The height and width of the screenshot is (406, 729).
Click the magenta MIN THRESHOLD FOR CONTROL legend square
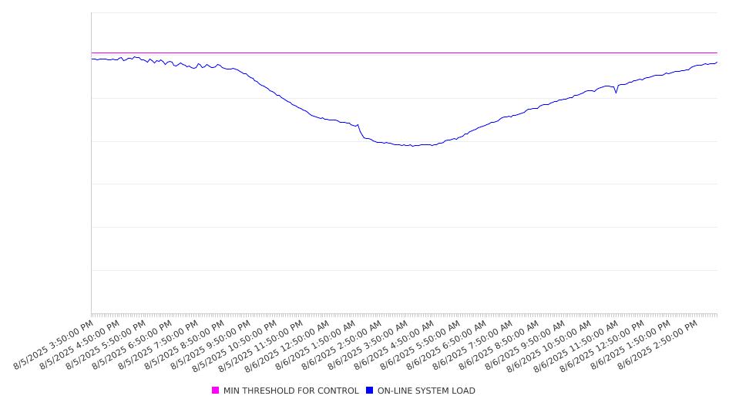(x=215, y=390)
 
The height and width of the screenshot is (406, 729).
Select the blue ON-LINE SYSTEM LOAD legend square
(x=370, y=390)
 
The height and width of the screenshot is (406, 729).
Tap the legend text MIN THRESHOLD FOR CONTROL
(x=291, y=391)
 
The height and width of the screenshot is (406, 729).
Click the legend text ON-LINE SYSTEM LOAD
(x=426, y=391)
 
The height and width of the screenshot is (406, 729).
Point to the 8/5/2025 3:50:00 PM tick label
(x=53, y=345)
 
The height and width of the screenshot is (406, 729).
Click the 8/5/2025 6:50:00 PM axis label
(x=132, y=345)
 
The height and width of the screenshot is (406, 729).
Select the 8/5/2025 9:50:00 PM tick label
(x=210, y=345)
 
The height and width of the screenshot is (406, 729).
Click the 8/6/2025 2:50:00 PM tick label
(x=658, y=345)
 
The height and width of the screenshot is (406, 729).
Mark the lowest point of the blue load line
(x=412, y=146)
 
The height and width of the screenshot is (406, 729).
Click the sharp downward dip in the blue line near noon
(x=616, y=93)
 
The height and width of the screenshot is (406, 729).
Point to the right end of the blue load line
(x=717, y=62)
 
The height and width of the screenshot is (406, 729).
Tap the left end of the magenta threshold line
(x=92, y=53)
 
